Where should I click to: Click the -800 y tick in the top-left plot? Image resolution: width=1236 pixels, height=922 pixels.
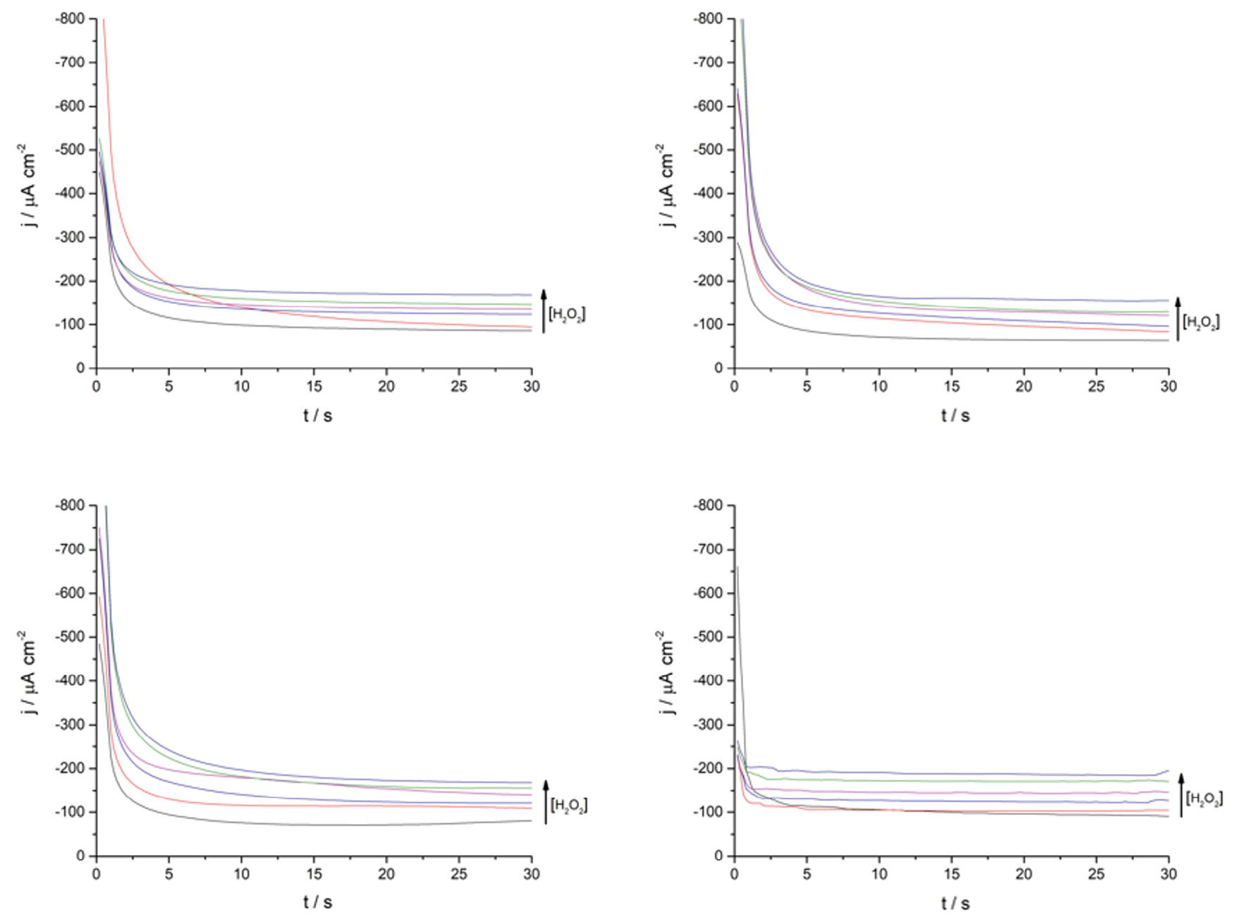coord(71,19)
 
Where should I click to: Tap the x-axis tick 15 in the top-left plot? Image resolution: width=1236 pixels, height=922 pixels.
coord(314,387)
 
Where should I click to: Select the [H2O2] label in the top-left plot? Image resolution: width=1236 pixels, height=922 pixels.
coord(567,314)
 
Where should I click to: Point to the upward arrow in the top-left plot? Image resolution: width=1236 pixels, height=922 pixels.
coord(544,310)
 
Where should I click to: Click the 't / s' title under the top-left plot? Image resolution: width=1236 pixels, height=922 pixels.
coord(317,415)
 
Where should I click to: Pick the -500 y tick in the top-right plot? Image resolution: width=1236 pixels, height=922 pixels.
coord(708,150)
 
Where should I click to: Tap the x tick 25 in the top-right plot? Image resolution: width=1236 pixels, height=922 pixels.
coord(1096,387)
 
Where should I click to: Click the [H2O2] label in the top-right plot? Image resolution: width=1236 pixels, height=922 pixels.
coord(1201,322)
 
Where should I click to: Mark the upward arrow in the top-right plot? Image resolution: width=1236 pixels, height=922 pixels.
coord(1177,319)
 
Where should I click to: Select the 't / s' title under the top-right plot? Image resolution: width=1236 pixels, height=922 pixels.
coord(955,415)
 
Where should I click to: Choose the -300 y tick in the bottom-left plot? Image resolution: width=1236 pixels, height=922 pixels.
coord(71,725)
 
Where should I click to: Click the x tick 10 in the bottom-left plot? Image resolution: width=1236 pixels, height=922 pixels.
coord(241,874)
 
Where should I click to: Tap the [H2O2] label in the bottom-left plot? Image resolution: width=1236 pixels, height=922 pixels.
coord(568,805)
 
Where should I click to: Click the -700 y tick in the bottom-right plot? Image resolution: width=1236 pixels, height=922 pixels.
coord(708,550)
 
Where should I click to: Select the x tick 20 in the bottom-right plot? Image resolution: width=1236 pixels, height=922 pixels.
coord(1023,874)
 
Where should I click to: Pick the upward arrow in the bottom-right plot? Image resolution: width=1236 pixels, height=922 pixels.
coord(1181,795)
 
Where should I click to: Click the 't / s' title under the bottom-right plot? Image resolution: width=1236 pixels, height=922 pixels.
coord(955,903)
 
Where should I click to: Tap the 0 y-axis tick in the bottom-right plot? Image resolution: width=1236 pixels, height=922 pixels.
coord(718,856)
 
